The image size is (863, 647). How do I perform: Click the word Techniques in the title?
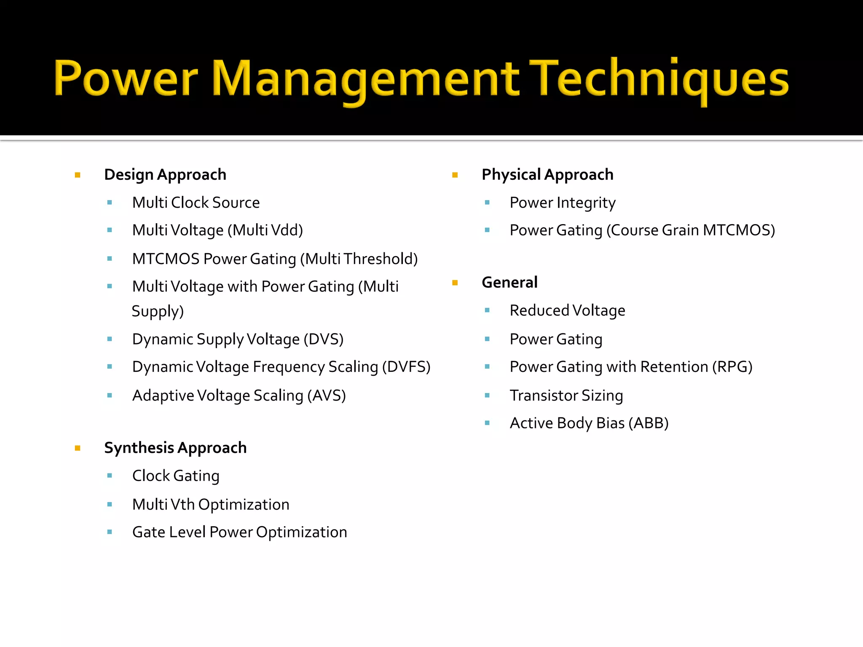[659, 78]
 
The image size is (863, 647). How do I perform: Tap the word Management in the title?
[365, 78]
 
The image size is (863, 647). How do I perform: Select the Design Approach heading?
[165, 175]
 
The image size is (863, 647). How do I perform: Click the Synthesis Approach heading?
[175, 448]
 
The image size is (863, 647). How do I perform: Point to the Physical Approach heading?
[547, 175]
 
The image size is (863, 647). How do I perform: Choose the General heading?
[509, 283]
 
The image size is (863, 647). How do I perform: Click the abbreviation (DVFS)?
[406, 367]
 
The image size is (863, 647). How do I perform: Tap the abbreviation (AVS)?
[327, 396]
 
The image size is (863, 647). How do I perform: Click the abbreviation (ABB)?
[648, 423]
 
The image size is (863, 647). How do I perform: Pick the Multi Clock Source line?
[196, 203]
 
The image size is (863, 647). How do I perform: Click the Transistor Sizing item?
[566, 396]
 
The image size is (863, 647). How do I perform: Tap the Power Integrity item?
[563, 203]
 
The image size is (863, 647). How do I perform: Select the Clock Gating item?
[176, 476]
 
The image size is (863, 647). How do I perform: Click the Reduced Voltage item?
[567, 310]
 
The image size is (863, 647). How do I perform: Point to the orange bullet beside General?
[455, 283]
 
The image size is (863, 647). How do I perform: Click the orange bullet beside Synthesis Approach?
[78, 448]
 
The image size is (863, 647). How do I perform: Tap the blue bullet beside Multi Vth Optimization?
[110, 504]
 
